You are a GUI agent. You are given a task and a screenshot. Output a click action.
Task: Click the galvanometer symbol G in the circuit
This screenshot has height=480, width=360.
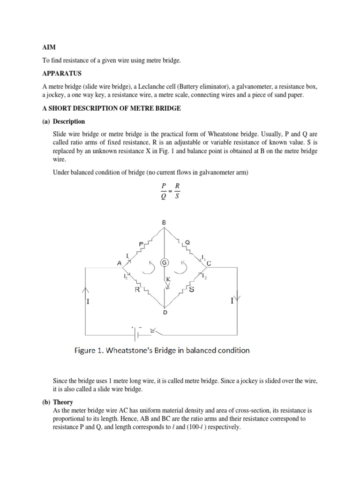coord(165,262)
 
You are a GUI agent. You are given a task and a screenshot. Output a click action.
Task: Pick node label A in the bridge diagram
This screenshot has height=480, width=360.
coord(119,263)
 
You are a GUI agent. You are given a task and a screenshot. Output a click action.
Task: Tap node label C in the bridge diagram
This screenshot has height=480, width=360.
coord(209,263)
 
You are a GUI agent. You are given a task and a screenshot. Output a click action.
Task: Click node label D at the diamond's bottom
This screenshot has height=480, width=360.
coord(164,312)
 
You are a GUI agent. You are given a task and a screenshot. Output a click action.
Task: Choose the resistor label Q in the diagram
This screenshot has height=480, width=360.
coord(187,242)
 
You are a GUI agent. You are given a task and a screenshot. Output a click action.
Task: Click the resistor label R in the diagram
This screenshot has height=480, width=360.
coord(137,290)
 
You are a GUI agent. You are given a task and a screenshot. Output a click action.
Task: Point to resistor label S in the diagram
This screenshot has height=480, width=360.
coord(192,289)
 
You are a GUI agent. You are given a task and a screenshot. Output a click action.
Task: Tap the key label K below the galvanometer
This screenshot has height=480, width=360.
coord(166,279)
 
